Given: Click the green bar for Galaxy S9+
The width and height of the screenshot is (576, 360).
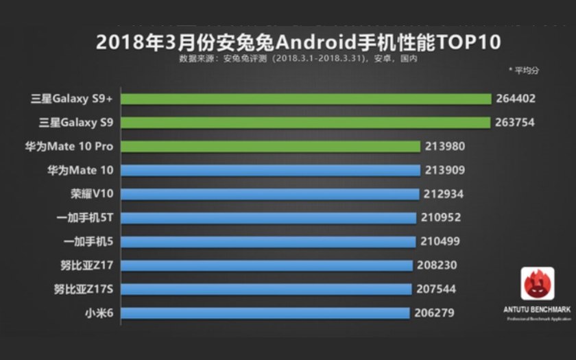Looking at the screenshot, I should point(306,98).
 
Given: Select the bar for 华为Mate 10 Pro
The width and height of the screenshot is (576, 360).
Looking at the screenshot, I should point(270,146).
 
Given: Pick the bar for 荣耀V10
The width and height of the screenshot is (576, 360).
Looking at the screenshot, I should point(270,193).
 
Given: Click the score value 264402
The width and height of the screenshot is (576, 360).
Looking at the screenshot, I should point(516,99).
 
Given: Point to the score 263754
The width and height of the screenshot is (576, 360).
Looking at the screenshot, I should point(515,123).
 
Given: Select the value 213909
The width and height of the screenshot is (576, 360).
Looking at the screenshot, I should point(445,170).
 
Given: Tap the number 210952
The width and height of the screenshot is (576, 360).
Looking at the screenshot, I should point(441,217).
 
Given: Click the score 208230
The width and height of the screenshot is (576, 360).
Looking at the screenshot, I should point(437,265).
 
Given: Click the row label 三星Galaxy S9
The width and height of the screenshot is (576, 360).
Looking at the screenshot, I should point(77,123).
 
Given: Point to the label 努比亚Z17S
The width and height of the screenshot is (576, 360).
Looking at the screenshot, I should point(86,289).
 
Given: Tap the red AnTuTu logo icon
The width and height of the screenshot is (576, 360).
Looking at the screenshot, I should point(537,284).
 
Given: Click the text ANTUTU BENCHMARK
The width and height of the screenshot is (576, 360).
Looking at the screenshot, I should point(537,310).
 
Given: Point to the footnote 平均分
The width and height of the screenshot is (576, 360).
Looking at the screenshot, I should point(527,70).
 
